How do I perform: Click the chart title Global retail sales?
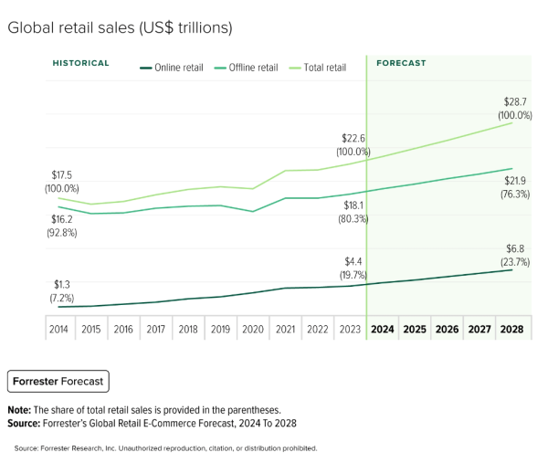(120, 27)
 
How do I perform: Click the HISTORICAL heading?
(80, 64)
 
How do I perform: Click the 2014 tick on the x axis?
(59, 329)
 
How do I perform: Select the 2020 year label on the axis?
(253, 329)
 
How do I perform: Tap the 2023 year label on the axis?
(350, 329)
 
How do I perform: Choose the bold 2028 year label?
(511, 329)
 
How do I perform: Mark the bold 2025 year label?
(415, 329)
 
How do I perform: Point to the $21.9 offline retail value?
(515, 181)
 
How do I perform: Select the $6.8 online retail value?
(515, 248)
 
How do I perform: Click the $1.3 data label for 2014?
(61, 284)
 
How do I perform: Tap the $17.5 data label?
(61, 174)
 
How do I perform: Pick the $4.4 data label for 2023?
(353, 261)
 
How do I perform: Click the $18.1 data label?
(353, 205)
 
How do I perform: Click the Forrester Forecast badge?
(57, 381)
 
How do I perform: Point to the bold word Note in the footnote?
(19, 410)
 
